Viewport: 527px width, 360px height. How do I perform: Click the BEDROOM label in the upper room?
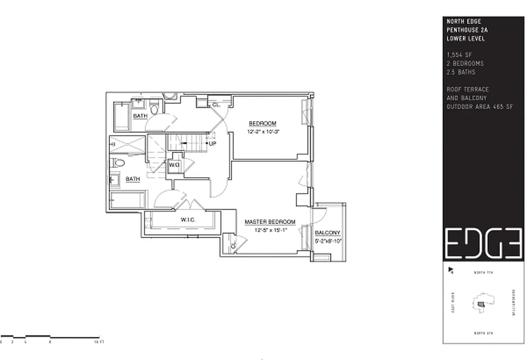click(262, 124)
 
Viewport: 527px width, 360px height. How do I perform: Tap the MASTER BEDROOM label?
click(270, 222)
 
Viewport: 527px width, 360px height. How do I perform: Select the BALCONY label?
click(327, 233)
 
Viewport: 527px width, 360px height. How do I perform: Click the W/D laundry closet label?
click(174, 165)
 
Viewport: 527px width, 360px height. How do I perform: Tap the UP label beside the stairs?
click(213, 144)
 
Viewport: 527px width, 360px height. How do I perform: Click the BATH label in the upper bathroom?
click(140, 116)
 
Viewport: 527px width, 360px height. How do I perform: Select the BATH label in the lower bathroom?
click(133, 179)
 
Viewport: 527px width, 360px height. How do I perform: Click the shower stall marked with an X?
click(127, 145)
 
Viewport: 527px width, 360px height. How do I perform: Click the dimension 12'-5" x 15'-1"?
click(270, 229)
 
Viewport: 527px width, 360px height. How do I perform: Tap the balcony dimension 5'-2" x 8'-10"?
click(328, 241)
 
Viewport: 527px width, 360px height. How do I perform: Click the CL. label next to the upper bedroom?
click(216, 104)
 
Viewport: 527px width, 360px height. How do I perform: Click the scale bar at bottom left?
click(50, 337)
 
